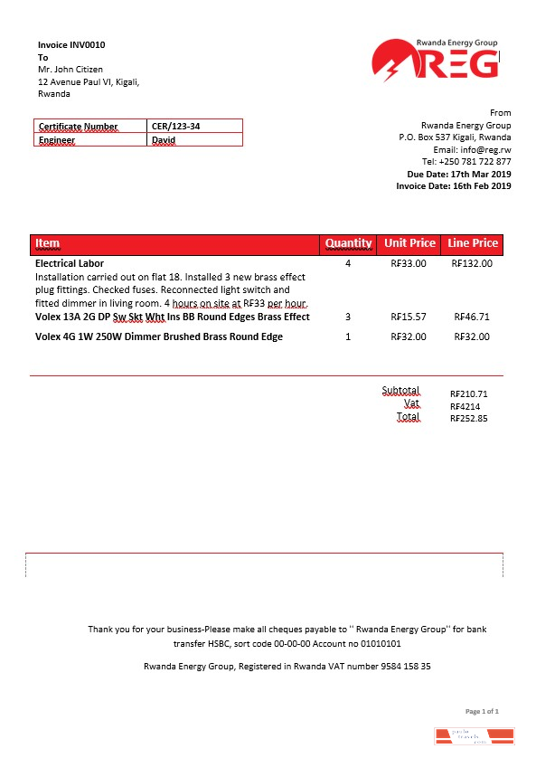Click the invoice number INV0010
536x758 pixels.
click(93, 43)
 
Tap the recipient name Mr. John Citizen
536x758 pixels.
click(71, 70)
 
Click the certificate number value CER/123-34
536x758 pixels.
click(176, 126)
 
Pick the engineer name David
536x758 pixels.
click(164, 140)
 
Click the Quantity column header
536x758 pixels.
click(348, 243)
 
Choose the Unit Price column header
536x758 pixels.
click(409, 243)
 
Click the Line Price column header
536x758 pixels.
click(473, 243)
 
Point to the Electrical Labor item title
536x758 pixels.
click(70, 264)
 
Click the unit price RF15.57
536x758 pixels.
click(409, 317)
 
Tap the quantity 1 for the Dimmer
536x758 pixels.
click(348, 337)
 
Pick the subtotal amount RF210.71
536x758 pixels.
click(469, 394)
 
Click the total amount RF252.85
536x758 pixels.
click(469, 420)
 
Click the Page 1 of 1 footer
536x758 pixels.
click(482, 712)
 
